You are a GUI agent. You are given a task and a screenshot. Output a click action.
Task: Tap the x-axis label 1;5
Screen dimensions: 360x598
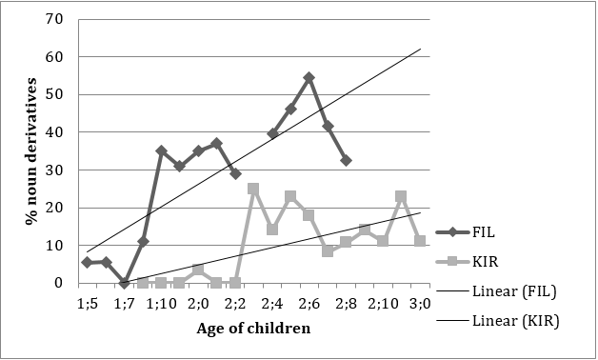pyautogui.click(x=87, y=302)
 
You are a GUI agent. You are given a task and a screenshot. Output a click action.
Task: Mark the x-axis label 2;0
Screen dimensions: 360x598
pyautogui.click(x=198, y=302)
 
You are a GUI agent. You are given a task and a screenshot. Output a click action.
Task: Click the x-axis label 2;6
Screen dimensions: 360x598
pyautogui.click(x=309, y=302)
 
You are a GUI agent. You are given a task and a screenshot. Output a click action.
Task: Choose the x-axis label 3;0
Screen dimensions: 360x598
pyautogui.click(x=420, y=302)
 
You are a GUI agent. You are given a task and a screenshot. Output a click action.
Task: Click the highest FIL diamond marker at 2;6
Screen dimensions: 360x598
pyautogui.click(x=309, y=77)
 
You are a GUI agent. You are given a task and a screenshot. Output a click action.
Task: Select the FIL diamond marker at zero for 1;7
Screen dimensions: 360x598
pyautogui.click(x=124, y=283)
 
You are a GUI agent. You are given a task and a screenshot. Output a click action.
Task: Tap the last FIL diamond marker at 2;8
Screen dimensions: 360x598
pyautogui.click(x=346, y=160)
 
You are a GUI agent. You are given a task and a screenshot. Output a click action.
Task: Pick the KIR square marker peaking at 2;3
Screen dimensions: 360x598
pyautogui.click(x=253, y=189)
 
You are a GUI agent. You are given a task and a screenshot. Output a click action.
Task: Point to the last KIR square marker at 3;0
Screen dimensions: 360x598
pyautogui.click(x=420, y=241)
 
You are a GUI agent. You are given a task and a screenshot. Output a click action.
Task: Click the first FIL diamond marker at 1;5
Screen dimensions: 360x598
pyautogui.click(x=87, y=262)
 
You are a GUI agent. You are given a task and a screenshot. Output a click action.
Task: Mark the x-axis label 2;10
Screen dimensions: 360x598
pyautogui.click(x=383, y=302)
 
